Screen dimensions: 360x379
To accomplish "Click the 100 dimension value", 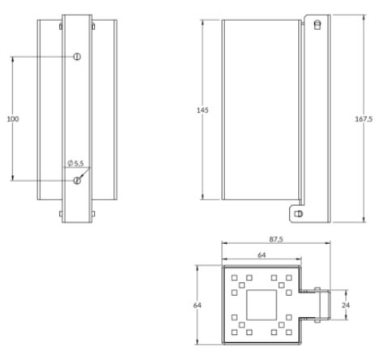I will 13,118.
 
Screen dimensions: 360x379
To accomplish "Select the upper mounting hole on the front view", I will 77,56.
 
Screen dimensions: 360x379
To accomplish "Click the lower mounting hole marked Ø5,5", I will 77,180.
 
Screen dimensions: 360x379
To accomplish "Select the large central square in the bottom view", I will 261,305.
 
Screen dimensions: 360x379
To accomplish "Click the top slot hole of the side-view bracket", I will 317,24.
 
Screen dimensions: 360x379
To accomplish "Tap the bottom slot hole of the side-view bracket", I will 300,213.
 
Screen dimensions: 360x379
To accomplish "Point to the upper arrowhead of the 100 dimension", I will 13,58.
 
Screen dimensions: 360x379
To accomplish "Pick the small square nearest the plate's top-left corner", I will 234,278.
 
